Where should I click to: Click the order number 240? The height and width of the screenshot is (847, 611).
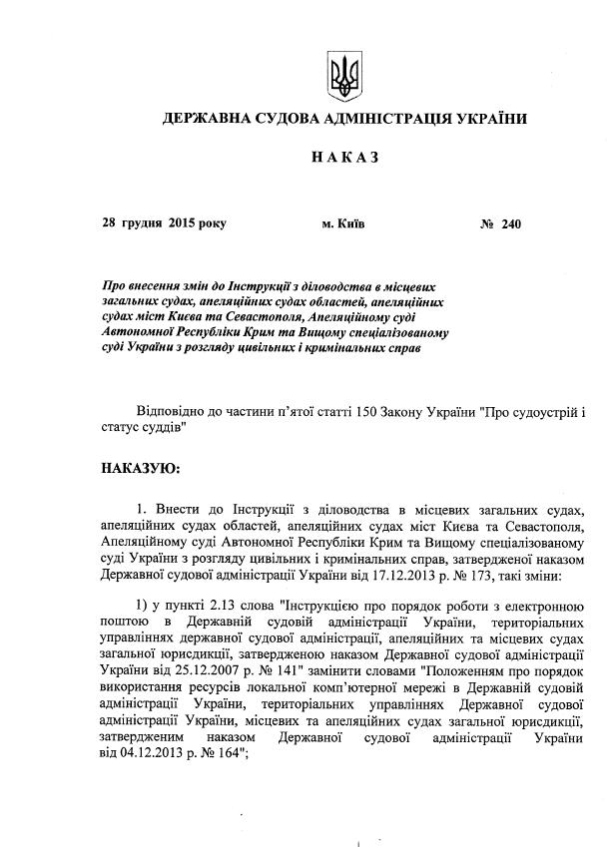pyautogui.click(x=511, y=223)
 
